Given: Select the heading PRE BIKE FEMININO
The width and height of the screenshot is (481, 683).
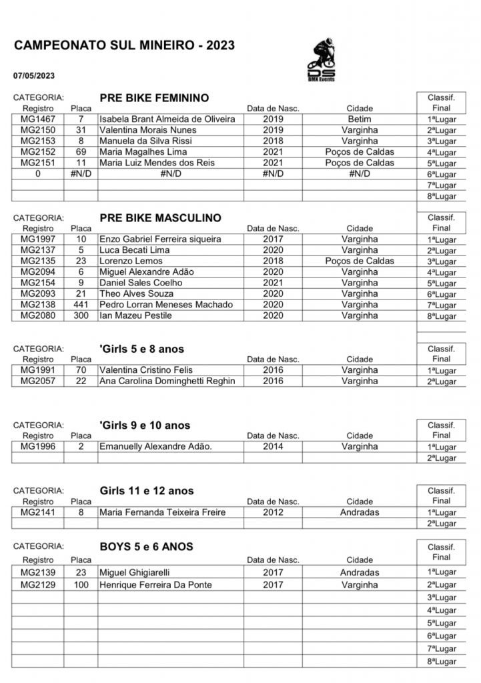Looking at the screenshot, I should click(x=154, y=97).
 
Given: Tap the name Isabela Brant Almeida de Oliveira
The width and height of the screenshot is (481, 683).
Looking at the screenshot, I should click(x=167, y=119).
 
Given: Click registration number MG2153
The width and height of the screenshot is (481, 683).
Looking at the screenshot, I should click(x=37, y=141).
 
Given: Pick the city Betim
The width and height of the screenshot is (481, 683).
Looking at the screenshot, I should click(x=360, y=119).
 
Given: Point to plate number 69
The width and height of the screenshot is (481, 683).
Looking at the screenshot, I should click(x=81, y=152).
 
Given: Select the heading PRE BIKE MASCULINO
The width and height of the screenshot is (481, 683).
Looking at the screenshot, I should click(x=160, y=217).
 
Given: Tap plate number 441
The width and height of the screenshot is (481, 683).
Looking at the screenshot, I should click(x=81, y=304).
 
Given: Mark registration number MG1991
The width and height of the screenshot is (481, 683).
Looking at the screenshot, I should click(x=37, y=370).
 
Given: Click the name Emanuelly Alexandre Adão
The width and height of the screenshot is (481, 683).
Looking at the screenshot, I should click(x=155, y=446).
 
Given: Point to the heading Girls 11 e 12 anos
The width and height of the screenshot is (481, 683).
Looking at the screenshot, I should click(x=147, y=491).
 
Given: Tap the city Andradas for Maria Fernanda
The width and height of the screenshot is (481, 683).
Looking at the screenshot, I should click(x=360, y=512).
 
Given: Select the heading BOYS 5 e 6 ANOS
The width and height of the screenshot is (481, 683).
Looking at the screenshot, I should click(x=147, y=547).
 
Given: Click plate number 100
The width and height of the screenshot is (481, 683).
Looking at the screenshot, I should click(x=81, y=584).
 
